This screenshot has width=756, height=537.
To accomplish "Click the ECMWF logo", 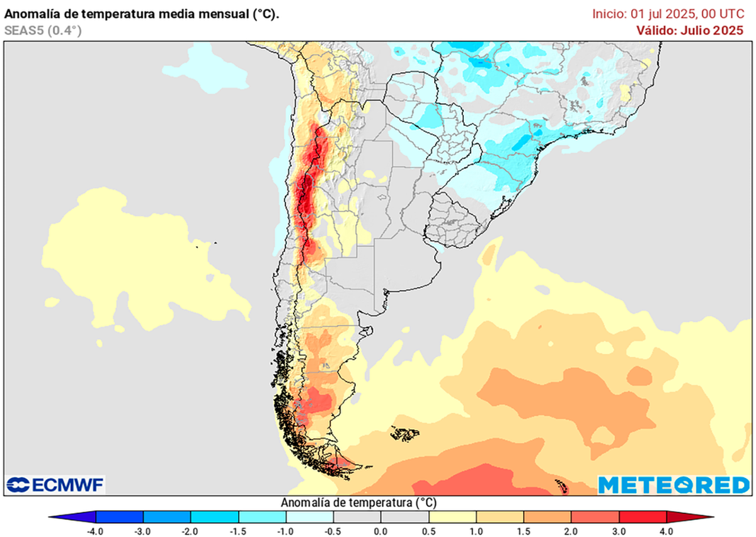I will click(55, 485).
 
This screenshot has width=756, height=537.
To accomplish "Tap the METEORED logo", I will click(673, 485).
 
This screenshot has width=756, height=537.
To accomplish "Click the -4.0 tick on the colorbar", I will click(96, 531).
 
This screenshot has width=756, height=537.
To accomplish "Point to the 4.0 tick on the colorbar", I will click(665, 531).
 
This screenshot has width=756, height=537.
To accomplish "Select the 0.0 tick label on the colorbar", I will click(381, 531).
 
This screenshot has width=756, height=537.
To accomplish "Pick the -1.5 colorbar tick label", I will click(238, 531).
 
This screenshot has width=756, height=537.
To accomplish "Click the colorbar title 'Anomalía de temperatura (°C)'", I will click(358, 502).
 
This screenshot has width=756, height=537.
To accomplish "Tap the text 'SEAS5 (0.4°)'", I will click(42, 30).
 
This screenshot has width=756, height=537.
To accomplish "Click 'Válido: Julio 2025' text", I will click(690, 30).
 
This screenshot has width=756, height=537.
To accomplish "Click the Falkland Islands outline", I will click(405, 433).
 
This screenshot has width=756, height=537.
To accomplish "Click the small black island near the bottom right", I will click(561, 486).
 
